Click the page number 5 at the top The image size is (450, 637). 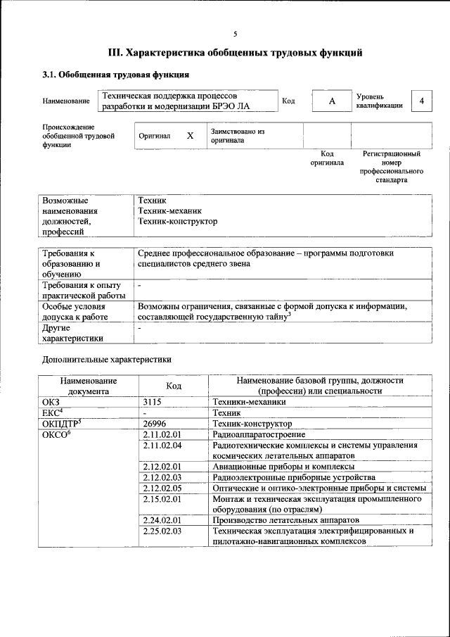coord(236,34)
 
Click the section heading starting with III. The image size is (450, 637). coord(236,52)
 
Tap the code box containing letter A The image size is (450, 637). coord(331,101)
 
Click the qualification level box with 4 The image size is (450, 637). coord(421,101)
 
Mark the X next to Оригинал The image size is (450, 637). coord(190,135)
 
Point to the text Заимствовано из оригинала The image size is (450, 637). coord(237,135)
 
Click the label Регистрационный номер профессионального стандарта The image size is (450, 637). coord(392,166)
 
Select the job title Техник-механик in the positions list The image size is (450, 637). coord(170,210)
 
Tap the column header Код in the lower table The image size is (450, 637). coord(173,385)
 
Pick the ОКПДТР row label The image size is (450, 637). coord(63,424)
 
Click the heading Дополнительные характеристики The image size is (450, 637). coord(107,359)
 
